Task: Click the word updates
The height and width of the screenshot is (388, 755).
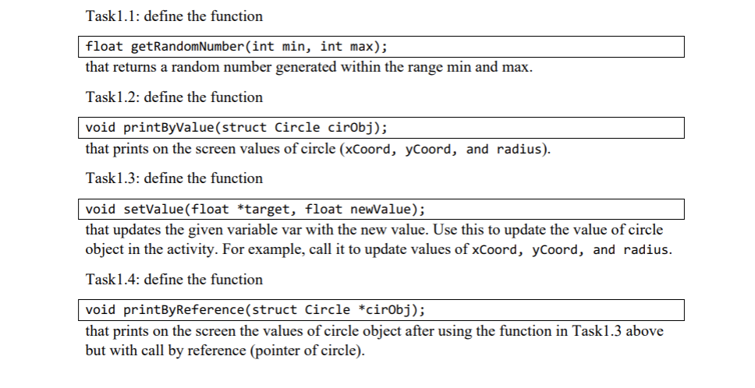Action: tap(136, 231)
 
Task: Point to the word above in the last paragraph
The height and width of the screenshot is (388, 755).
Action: tap(645, 332)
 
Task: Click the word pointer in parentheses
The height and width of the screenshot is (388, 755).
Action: tap(269, 350)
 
